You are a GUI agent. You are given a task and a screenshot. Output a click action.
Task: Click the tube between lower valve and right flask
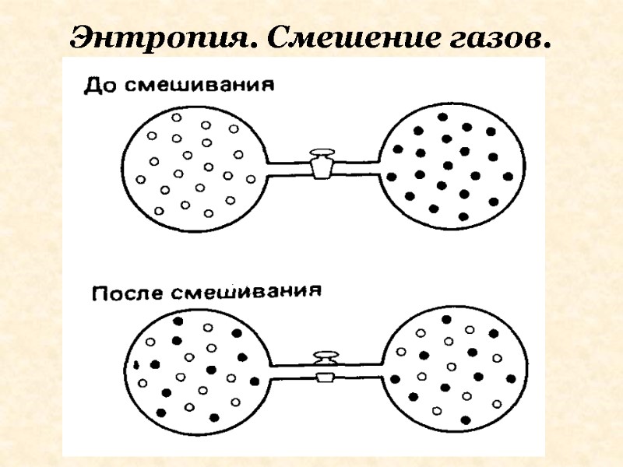pyautogui.click(x=358, y=370)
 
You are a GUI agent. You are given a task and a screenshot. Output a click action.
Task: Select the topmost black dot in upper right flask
pyautogui.click(x=443, y=118)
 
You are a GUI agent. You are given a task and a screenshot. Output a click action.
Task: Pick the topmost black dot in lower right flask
pyautogui.click(x=446, y=319)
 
